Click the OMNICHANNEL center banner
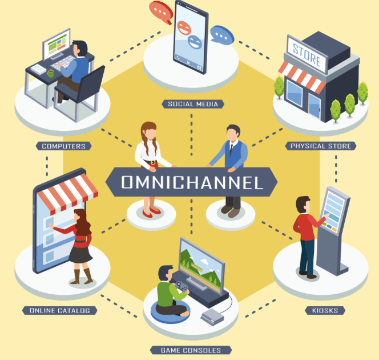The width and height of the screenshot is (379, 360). click(191, 182)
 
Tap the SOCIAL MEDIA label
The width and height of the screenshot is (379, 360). click(193, 104)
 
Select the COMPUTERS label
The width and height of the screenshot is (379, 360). click(63, 146)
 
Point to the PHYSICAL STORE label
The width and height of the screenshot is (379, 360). click(321, 146)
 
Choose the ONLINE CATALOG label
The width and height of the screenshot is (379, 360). click(60, 310)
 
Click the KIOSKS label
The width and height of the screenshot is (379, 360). click(325, 310)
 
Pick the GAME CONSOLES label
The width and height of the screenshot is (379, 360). click(191, 350)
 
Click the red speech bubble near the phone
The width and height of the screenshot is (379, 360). click(161, 12)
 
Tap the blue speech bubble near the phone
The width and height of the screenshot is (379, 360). click(221, 35)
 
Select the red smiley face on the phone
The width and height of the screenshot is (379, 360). click(184, 28)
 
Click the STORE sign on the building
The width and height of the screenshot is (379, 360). click(307, 55)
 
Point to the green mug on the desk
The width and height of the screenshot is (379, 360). click(50, 73)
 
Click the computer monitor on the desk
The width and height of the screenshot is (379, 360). click(57, 44)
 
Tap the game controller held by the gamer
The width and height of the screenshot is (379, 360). click(182, 286)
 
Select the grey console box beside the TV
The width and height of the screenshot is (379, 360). click(212, 317)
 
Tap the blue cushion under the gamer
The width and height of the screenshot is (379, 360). click(171, 312)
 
